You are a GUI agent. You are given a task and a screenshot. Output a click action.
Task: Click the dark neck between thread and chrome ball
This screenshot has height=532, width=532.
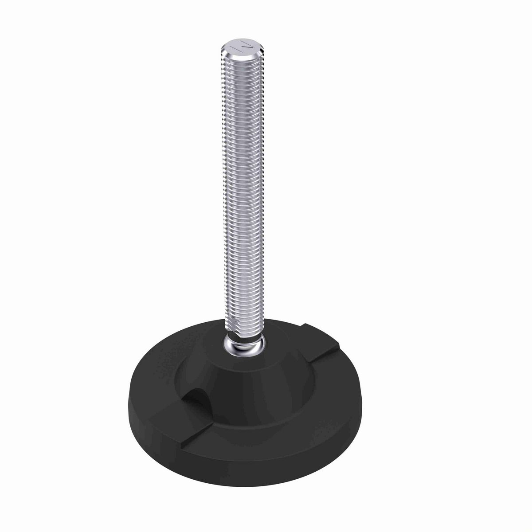pos(244,339)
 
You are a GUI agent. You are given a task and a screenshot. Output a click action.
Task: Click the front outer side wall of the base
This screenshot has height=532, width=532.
pos(248,465)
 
